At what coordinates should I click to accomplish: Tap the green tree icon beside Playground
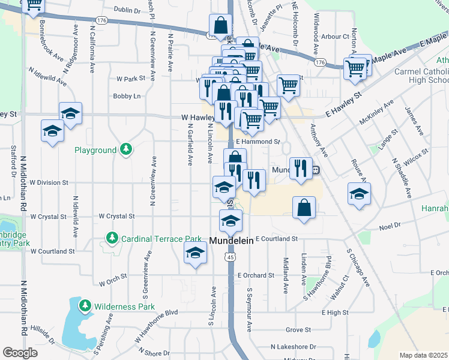pos(125,149)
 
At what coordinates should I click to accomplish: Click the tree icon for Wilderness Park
pos(85,307)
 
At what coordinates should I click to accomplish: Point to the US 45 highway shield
pos(229,257)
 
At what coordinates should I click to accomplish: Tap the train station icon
pos(315,170)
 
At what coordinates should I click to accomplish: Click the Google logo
pos(20,353)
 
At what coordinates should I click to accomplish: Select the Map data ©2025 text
pos(423,355)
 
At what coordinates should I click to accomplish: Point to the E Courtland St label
pos(276,239)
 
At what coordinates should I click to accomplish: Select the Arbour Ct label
pos(335,37)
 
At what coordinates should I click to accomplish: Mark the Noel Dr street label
pos(390,227)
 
